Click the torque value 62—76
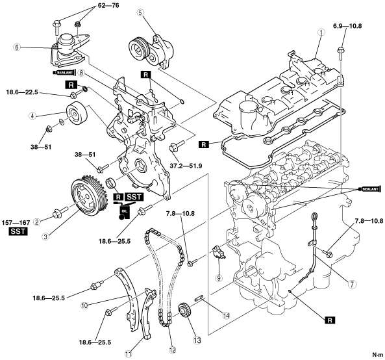click(108, 5)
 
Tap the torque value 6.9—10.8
click(347, 26)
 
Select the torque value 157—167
click(16, 223)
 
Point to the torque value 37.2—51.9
click(186, 166)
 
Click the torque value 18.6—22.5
click(22, 92)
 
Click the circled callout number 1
click(321, 32)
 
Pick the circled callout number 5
click(140, 13)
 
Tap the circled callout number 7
click(352, 285)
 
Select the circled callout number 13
click(197, 340)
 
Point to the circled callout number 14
click(226, 315)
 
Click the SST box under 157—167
click(18, 232)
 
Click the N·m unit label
click(377, 355)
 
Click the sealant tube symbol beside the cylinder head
click(370, 189)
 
